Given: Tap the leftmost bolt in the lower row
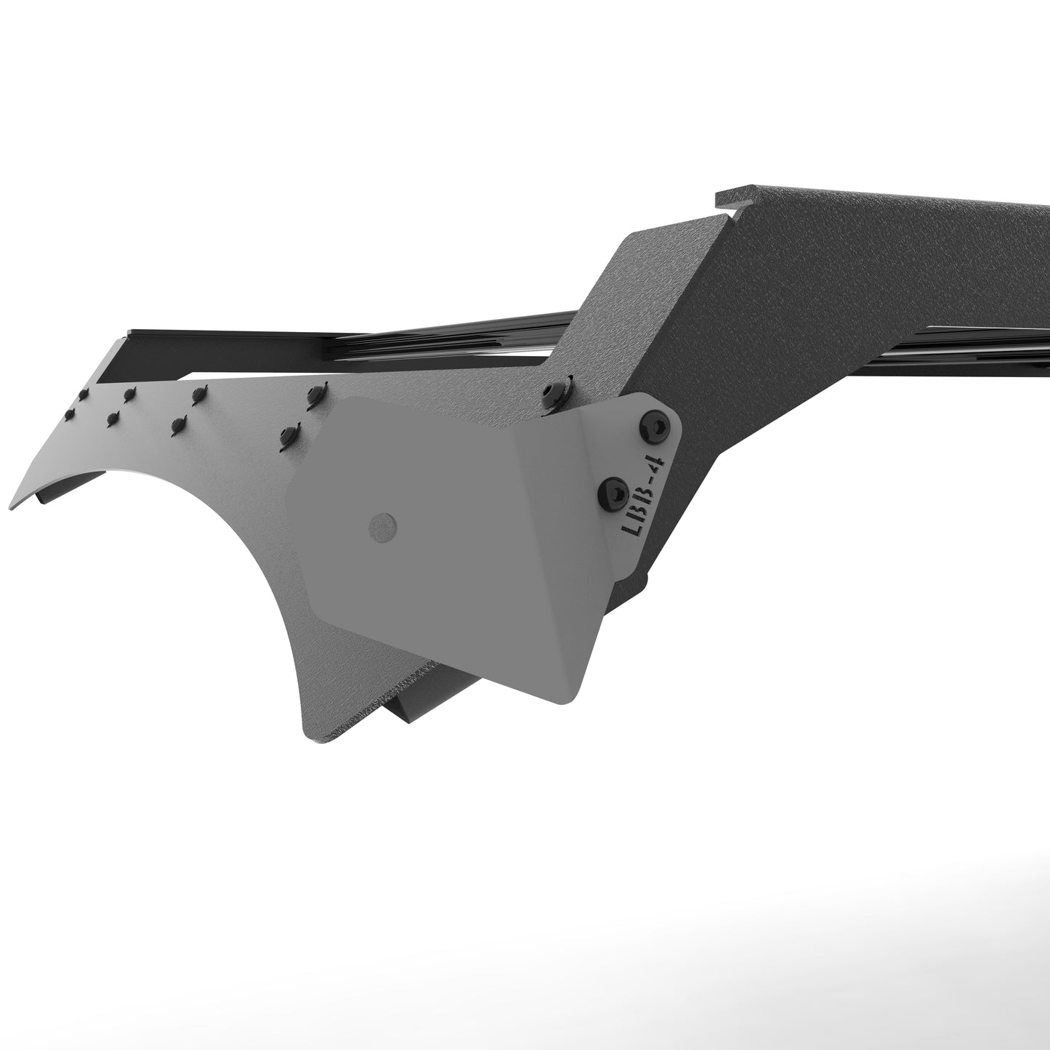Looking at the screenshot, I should (x=70, y=413).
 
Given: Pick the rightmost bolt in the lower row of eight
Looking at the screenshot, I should (x=289, y=434).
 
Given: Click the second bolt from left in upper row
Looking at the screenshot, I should (x=130, y=395).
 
